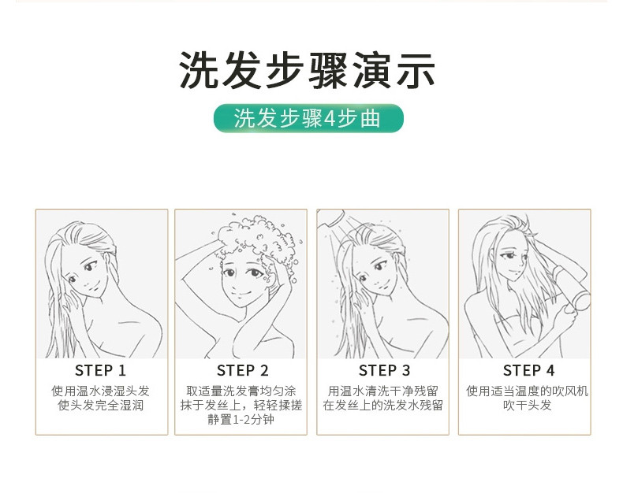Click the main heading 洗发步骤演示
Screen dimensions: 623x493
(x=307, y=71)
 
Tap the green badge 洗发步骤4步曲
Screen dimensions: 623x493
(x=308, y=118)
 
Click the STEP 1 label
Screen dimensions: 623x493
(x=100, y=370)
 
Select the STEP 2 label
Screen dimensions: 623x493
(x=242, y=370)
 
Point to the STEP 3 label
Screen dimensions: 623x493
(x=384, y=370)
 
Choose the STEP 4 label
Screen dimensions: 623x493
(x=528, y=370)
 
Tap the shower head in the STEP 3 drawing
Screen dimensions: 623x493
(x=331, y=218)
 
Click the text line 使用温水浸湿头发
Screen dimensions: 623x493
(x=100, y=391)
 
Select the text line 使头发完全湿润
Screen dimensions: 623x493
(x=100, y=406)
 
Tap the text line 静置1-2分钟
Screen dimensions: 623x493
(x=241, y=419)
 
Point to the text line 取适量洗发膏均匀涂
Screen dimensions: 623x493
(x=241, y=391)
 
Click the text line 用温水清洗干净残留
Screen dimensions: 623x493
(x=383, y=391)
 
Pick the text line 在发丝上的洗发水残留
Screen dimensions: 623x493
(x=383, y=406)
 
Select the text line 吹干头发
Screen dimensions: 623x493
(x=528, y=406)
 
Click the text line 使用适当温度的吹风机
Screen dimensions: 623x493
(x=528, y=391)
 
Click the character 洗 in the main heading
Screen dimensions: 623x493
(x=199, y=71)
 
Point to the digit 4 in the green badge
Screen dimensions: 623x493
(x=330, y=119)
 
